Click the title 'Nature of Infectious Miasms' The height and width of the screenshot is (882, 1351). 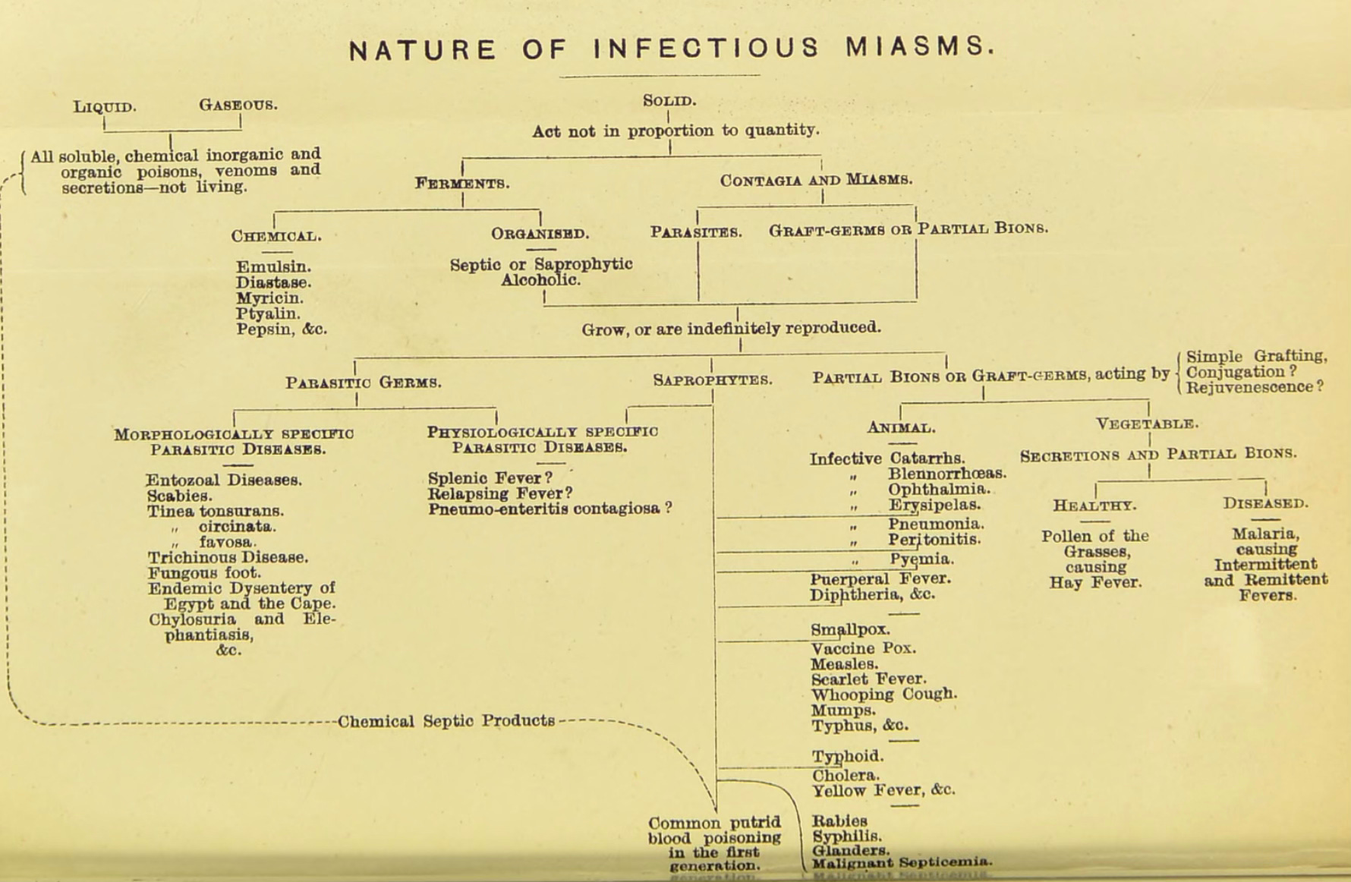coord(671,49)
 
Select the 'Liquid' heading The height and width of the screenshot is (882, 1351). coord(105,106)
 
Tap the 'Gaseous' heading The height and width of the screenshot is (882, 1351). coord(238,105)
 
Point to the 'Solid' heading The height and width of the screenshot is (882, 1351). coord(669,101)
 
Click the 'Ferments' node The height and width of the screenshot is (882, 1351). coord(462,184)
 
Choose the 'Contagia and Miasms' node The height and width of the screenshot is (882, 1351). coord(816,181)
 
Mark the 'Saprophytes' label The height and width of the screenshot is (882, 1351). coord(713,380)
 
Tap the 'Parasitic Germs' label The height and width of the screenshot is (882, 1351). coord(364,383)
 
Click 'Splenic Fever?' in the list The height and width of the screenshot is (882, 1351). coord(490,478)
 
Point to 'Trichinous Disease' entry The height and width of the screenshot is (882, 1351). coord(228,557)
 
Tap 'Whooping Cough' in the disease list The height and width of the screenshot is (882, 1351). coord(884,695)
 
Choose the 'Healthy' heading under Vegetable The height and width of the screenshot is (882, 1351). coord(1094,506)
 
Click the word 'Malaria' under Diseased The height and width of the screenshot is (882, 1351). coord(1265,534)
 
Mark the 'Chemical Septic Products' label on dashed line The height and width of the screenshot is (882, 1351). coord(446,721)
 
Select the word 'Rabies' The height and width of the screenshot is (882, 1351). coord(839,821)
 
